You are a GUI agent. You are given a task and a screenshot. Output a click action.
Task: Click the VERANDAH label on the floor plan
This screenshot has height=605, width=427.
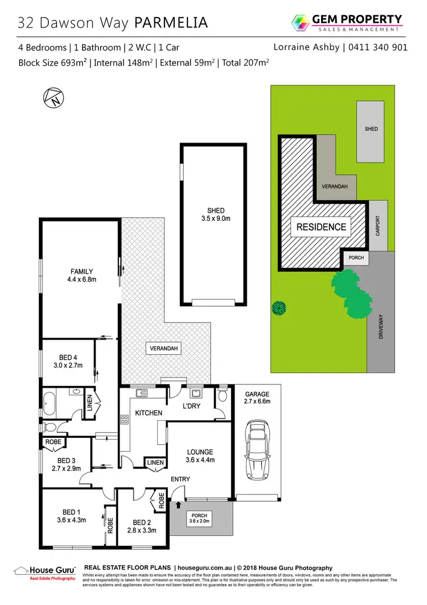(x=161, y=349)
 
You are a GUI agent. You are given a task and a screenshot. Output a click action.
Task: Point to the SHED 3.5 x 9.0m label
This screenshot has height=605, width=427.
(x=213, y=214)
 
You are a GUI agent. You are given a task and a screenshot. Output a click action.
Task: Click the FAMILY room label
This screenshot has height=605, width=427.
(x=81, y=275)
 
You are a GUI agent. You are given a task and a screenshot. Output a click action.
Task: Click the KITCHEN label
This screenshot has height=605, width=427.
(x=149, y=412)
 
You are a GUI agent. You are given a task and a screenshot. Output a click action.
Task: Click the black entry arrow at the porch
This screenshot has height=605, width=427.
(x=178, y=505)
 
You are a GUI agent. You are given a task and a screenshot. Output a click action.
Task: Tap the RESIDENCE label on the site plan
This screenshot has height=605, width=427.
(x=321, y=227)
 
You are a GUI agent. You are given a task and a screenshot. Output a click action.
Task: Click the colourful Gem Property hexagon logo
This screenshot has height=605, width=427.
(x=300, y=23)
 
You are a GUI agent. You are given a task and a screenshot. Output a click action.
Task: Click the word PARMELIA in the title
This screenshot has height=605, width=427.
(x=171, y=23)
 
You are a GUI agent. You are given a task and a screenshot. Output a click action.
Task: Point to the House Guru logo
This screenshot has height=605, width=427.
(x=44, y=571)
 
